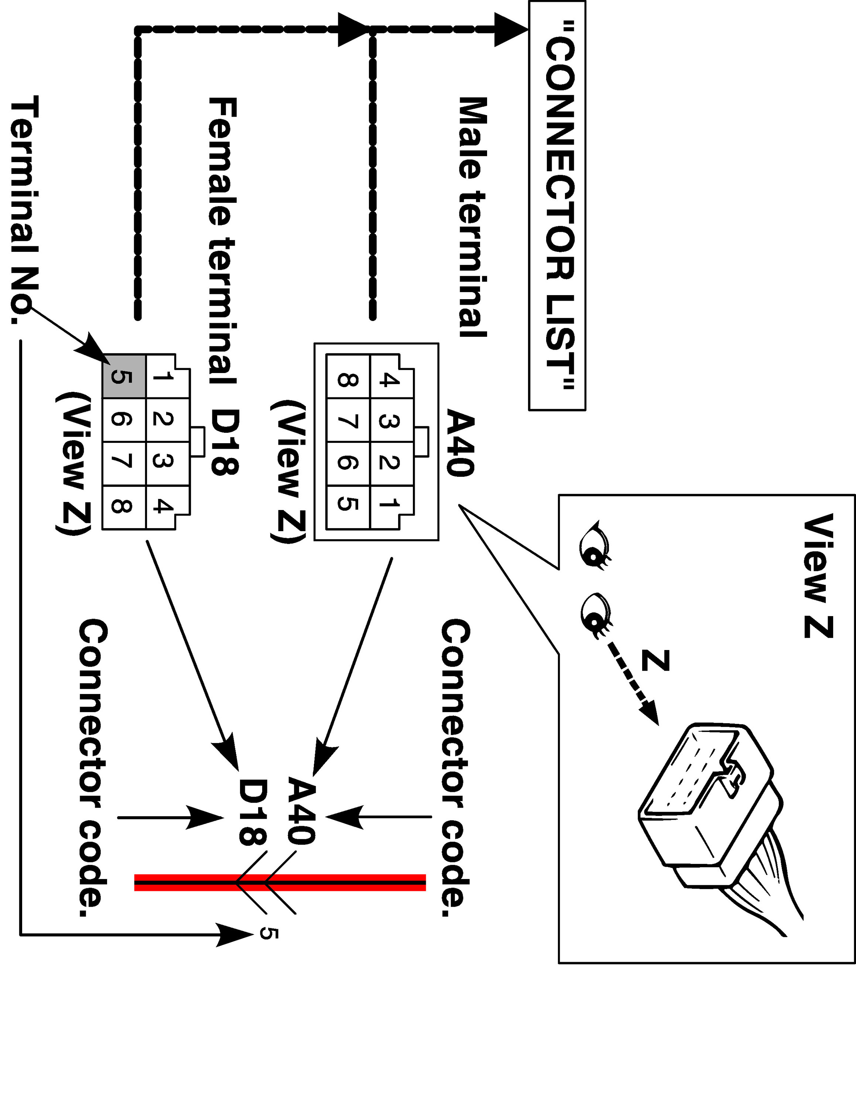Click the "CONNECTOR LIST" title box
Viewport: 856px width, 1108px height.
tap(557, 205)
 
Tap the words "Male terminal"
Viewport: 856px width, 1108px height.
tap(473, 217)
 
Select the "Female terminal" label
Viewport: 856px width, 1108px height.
tap(222, 240)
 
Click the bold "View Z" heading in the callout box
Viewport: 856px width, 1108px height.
tap(818, 576)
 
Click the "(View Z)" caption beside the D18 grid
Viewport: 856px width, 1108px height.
tap(74, 463)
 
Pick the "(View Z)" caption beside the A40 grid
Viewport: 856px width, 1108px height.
tap(290, 472)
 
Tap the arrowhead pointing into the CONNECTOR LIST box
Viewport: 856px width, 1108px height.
tap(511, 30)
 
